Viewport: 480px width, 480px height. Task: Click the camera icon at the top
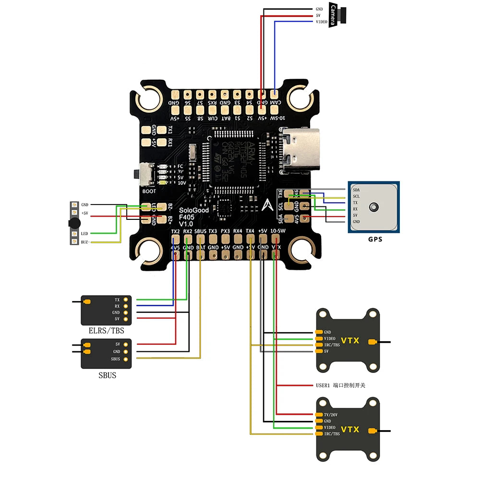click(339, 15)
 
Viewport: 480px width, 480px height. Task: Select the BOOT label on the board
click(149, 191)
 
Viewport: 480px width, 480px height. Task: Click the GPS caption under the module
click(375, 239)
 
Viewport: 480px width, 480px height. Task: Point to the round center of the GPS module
click(373, 207)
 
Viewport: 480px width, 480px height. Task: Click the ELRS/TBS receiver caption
click(106, 331)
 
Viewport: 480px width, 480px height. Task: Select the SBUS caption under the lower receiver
click(107, 375)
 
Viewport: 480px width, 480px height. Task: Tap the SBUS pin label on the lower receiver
click(115, 359)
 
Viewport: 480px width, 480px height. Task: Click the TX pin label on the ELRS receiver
click(117, 299)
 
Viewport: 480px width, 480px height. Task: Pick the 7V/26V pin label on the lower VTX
click(331, 414)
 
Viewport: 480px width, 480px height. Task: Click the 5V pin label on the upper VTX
click(326, 351)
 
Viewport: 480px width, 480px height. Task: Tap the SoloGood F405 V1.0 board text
click(190, 217)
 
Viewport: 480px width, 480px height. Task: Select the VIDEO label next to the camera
click(321, 22)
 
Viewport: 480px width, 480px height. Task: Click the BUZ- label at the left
click(85, 241)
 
